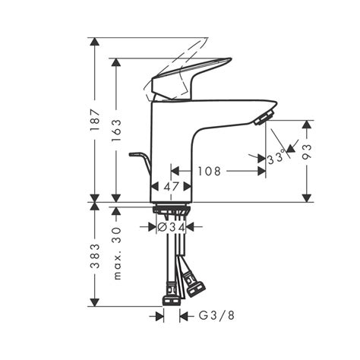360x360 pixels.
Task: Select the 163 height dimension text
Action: click(116, 131)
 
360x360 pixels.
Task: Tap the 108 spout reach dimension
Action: click(209, 171)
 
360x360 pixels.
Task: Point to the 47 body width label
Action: click(171, 187)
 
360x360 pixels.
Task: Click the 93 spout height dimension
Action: click(307, 151)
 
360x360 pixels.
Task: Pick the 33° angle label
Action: click(276, 158)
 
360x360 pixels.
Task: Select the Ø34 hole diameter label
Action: click(172, 227)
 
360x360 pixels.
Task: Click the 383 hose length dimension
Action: click(95, 256)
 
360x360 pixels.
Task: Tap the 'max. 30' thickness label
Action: click(116, 253)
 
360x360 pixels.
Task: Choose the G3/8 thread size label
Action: click(216, 315)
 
